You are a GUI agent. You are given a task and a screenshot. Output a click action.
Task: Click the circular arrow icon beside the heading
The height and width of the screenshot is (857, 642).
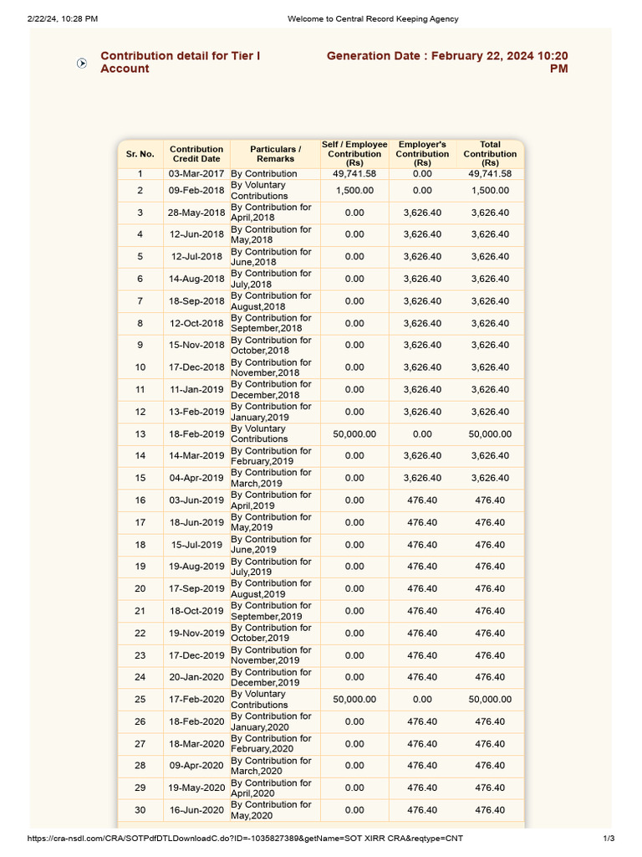click(x=82, y=63)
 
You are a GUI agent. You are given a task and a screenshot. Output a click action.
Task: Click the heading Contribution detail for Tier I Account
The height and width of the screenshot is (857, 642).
click(x=180, y=62)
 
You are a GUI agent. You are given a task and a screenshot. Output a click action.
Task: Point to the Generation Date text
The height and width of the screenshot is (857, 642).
click(x=447, y=62)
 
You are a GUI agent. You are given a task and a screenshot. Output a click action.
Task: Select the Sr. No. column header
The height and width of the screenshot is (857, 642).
click(x=140, y=154)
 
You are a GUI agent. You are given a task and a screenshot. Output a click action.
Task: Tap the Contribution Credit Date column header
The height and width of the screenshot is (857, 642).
click(x=196, y=154)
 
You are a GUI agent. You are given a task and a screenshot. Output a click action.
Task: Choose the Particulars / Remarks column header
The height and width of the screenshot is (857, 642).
click(x=275, y=154)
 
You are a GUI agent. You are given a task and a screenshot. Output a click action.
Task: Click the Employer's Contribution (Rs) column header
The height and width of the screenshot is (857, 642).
click(x=422, y=154)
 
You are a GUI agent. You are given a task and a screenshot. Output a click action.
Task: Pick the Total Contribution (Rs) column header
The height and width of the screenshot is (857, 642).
click(x=490, y=154)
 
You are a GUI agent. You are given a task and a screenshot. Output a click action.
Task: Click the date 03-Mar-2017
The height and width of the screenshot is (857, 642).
click(x=196, y=174)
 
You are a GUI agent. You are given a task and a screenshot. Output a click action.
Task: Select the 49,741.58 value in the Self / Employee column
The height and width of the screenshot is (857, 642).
click(x=354, y=174)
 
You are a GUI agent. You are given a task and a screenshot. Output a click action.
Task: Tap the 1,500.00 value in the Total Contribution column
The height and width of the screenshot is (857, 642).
click(x=490, y=191)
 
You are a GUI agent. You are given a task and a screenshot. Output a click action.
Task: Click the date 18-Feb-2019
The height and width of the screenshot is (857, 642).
click(x=196, y=434)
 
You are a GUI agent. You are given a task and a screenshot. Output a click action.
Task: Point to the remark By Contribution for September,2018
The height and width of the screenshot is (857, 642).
click(x=271, y=323)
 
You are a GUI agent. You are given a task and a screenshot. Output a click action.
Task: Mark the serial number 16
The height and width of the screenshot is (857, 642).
click(x=140, y=500)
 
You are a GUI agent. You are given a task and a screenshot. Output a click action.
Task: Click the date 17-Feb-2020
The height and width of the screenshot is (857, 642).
click(x=196, y=700)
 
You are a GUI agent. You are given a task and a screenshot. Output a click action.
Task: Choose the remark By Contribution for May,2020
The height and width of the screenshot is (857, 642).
click(x=271, y=810)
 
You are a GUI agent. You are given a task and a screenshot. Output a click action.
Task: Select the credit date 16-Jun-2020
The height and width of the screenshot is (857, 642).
click(x=196, y=810)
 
